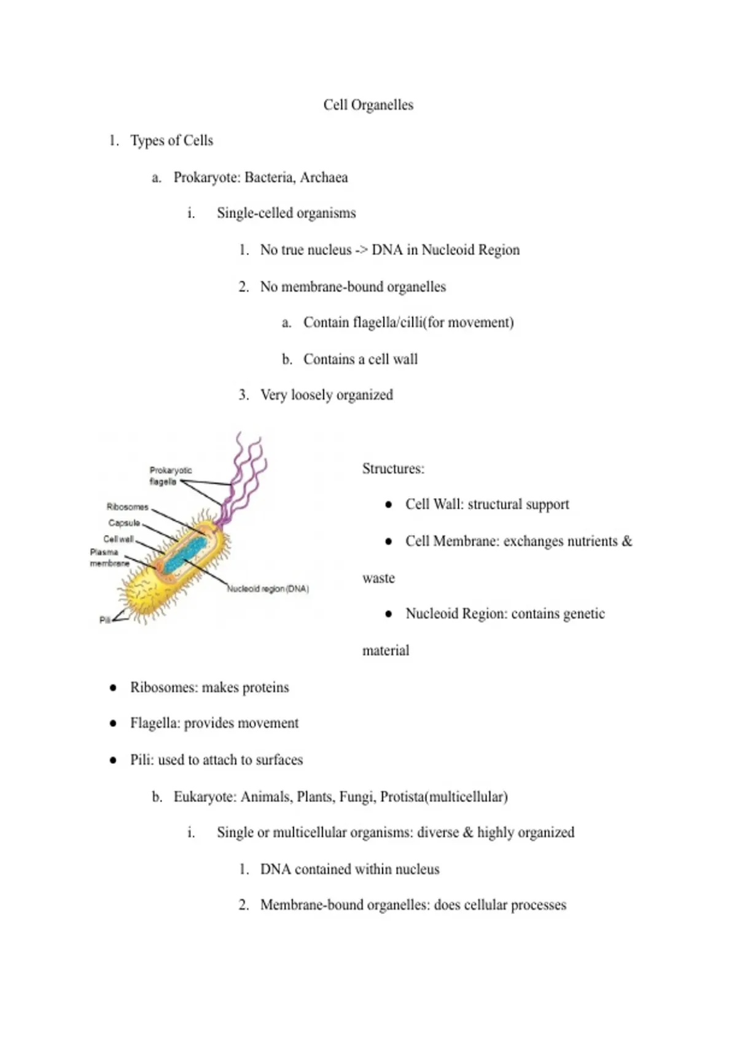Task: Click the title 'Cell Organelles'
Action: (x=368, y=105)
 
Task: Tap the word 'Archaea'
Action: (x=324, y=177)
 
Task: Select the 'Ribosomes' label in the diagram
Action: (x=127, y=507)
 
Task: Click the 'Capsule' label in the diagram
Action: (x=124, y=523)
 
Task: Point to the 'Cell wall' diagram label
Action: (x=119, y=539)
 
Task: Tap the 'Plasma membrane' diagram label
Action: (x=109, y=558)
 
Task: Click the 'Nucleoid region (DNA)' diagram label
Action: (x=268, y=588)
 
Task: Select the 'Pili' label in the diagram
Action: (x=105, y=620)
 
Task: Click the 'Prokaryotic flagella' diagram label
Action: (x=170, y=476)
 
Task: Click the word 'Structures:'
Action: (x=393, y=469)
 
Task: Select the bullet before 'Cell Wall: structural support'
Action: (x=388, y=505)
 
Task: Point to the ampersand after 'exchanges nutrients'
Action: (x=626, y=541)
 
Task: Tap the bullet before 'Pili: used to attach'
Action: (x=113, y=760)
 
